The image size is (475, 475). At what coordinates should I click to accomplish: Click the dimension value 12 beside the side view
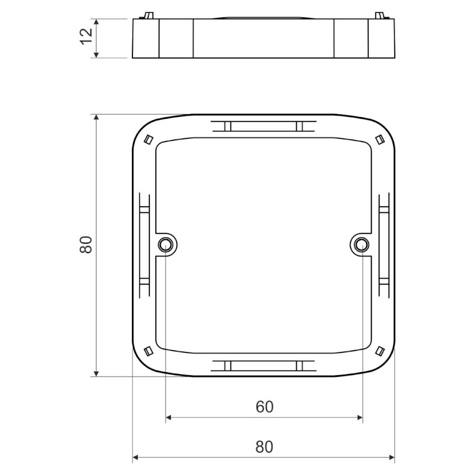[87, 36]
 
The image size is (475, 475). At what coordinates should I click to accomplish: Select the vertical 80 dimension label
[86, 245]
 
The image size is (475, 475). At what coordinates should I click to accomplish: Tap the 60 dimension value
[264, 407]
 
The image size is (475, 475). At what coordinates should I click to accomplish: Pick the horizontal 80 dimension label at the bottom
[264, 447]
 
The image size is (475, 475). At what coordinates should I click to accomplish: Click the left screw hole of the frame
[165, 243]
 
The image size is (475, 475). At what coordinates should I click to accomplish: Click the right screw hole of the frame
[362, 243]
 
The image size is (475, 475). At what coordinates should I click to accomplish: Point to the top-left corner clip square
[148, 139]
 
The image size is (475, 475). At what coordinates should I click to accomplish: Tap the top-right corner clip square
[379, 139]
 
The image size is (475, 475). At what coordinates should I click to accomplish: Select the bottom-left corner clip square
[148, 350]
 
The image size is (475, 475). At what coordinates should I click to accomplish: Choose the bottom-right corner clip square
[379, 350]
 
